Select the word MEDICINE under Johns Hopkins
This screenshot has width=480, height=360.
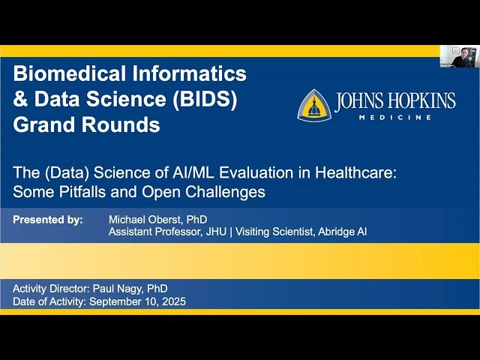(405, 118)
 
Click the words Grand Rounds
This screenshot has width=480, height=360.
(86, 124)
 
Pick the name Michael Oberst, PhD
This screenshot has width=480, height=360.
(157, 220)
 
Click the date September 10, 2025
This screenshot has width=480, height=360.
(139, 301)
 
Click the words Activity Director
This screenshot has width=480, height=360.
(53, 289)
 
